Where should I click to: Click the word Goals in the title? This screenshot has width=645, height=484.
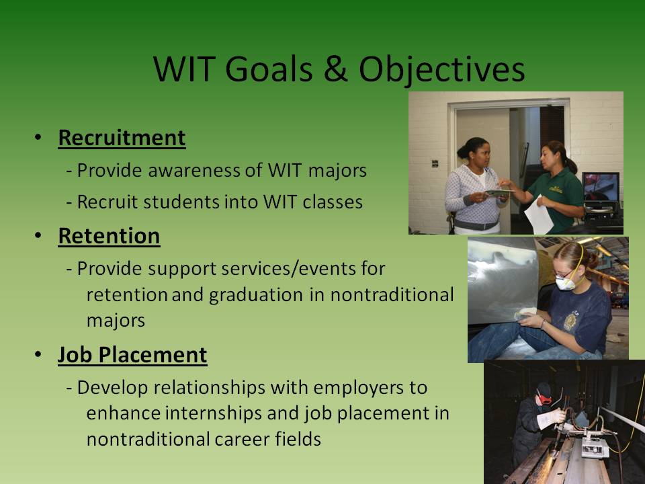tap(269, 69)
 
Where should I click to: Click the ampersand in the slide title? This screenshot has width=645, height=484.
tap(336, 69)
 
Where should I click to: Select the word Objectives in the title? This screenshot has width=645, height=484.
tap(442, 71)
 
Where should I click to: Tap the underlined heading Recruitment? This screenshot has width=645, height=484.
tap(122, 138)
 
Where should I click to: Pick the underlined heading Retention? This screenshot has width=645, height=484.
tap(109, 236)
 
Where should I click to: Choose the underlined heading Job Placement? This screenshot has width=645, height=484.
tap(132, 355)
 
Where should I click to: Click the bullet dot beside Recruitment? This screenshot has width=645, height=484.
tap(38, 137)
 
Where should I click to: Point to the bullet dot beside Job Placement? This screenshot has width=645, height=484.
tap(38, 354)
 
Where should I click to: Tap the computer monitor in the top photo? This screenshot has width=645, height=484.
tap(601, 187)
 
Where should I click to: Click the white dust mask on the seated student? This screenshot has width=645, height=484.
tap(565, 283)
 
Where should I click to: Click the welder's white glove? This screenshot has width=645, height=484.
tap(550, 418)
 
